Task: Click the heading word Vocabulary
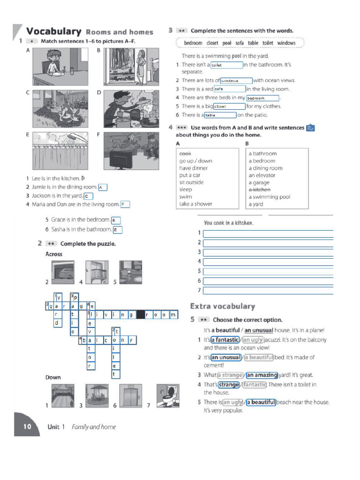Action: (x=54, y=31)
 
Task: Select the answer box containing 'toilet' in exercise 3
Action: (x=226, y=65)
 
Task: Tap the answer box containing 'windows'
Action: (x=236, y=81)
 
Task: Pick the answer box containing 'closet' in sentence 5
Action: (x=229, y=106)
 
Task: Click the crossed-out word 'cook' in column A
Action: (x=185, y=153)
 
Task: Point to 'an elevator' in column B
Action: (x=262, y=175)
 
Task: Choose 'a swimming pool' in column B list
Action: (x=270, y=197)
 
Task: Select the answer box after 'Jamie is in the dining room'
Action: (x=103, y=187)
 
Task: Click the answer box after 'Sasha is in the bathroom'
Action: (x=117, y=230)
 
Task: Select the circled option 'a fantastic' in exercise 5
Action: (x=225, y=340)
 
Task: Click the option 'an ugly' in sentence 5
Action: (x=233, y=402)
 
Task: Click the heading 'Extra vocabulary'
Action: (x=223, y=306)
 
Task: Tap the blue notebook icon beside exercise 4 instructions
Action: (x=310, y=127)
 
